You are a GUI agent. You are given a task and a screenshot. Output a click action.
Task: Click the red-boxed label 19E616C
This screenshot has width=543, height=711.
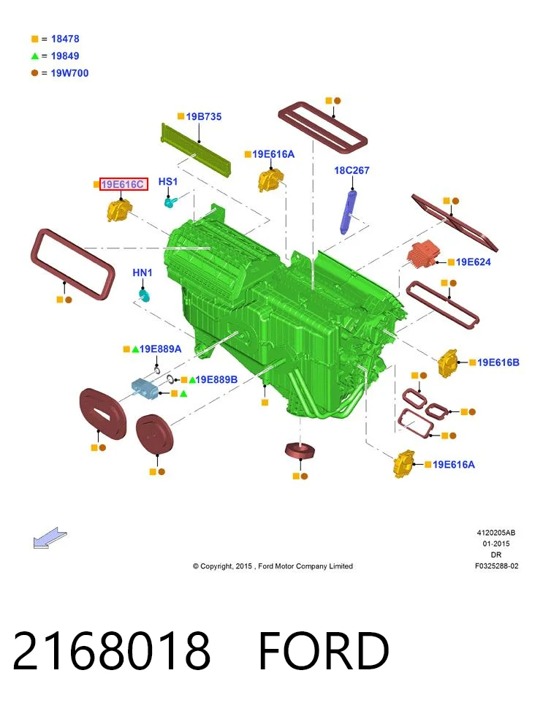tap(124, 184)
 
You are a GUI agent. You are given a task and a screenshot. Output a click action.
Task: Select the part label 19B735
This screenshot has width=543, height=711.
tap(204, 116)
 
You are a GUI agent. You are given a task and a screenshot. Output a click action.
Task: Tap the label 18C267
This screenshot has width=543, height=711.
tap(352, 170)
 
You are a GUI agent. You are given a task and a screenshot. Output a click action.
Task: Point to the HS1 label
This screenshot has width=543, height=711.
tap(168, 182)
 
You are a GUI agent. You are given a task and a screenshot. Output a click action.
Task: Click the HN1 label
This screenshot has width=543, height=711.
tap(143, 273)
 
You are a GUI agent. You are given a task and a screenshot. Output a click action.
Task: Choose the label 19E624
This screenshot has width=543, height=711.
tap(473, 262)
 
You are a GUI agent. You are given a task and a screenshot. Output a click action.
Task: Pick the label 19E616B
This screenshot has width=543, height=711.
tap(498, 362)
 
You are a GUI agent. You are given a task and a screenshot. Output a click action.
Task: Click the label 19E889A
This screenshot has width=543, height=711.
tap(161, 349)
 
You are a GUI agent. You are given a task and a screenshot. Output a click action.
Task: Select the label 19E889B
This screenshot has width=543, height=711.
tap(216, 379)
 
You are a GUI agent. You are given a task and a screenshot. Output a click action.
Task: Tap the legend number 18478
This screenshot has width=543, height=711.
tap(65, 39)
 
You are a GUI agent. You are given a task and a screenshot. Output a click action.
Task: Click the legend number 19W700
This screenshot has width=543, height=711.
tap(69, 73)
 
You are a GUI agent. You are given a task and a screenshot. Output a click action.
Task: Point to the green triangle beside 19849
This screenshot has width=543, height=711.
tap(35, 56)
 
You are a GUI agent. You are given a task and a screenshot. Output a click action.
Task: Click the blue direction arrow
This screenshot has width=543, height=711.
tap(50, 538)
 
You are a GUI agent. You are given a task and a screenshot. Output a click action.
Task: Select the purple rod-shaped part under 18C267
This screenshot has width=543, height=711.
tap(349, 212)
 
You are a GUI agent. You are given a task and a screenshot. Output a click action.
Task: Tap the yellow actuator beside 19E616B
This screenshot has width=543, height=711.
tap(448, 362)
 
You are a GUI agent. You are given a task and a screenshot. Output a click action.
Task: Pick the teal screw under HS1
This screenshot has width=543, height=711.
tap(170, 202)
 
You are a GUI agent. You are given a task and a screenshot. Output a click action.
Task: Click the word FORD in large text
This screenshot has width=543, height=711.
tap(324, 651)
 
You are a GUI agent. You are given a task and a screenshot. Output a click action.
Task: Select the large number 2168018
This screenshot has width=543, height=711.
tap(112, 651)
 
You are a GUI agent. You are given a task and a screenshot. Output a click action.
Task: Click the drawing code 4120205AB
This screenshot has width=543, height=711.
tap(495, 533)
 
